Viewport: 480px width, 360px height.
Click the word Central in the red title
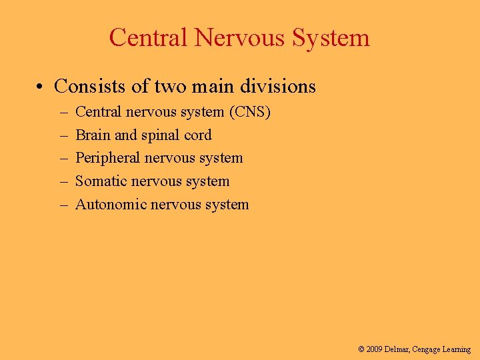click(149, 37)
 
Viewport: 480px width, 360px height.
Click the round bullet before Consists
click(41, 87)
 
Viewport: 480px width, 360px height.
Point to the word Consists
click(84, 87)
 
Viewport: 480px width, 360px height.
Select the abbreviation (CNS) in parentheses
click(249, 112)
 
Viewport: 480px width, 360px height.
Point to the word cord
click(197, 135)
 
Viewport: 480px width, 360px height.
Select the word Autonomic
click(110, 204)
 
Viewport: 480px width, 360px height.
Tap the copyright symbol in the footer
click(361, 349)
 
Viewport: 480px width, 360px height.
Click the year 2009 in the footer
click(375, 349)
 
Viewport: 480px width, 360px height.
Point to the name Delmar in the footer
click(399, 349)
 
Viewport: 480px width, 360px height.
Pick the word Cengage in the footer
click(427, 349)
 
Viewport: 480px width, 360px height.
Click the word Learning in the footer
click(457, 349)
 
